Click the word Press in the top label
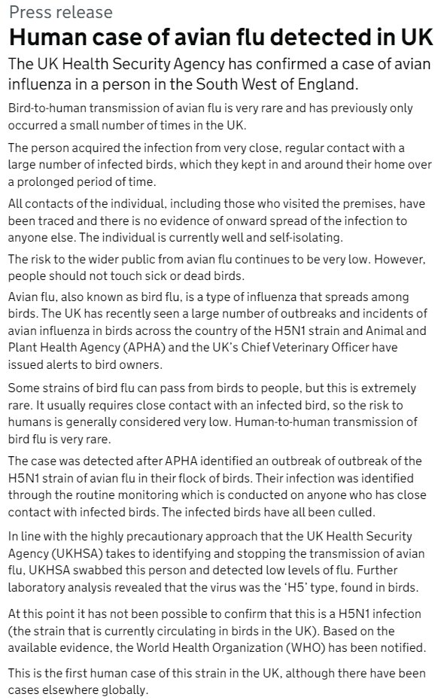click(28, 13)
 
